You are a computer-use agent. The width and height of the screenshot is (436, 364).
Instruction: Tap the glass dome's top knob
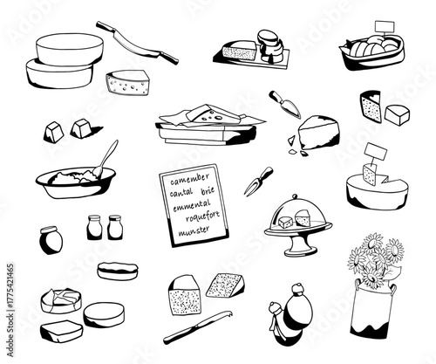click(x=295, y=198)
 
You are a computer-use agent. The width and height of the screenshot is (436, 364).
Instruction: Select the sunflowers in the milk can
click(x=371, y=258)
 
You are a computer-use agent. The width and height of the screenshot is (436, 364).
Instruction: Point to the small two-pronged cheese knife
click(x=258, y=181)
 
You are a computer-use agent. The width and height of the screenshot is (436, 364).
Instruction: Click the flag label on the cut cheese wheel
click(x=376, y=155)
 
